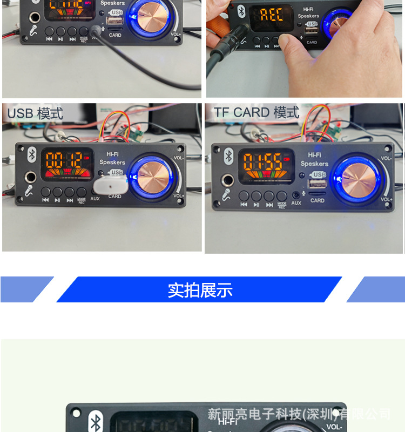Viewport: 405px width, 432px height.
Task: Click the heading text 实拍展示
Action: pyautogui.click(x=200, y=290)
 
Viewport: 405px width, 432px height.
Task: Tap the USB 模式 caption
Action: pyautogui.click(x=35, y=113)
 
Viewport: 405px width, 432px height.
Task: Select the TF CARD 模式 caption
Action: pyautogui.click(x=256, y=112)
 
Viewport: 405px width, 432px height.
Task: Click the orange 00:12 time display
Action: pyautogui.click(x=64, y=159)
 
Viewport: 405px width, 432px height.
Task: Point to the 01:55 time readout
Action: pyautogui.click(x=262, y=161)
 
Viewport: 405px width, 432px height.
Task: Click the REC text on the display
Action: pyautogui.click(x=272, y=15)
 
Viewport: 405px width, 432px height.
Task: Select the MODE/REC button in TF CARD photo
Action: pyautogui.click(x=282, y=196)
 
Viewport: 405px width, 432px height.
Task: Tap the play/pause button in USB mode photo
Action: pyautogui.click(x=58, y=192)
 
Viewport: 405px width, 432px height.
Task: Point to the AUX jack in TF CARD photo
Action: pyautogui.click(x=296, y=195)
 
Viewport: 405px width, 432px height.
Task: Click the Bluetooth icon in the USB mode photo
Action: pyautogui.click(x=32, y=154)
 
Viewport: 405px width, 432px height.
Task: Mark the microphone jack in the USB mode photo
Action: pyautogui.click(x=30, y=177)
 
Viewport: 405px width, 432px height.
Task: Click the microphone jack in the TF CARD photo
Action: pyautogui.click(x=229, y=180)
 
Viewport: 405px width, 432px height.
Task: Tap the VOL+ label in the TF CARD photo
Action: pyautogui.click(x=386, y=200)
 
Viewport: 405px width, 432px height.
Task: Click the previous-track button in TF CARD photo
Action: pyautogui.click(x=244, y=196)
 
